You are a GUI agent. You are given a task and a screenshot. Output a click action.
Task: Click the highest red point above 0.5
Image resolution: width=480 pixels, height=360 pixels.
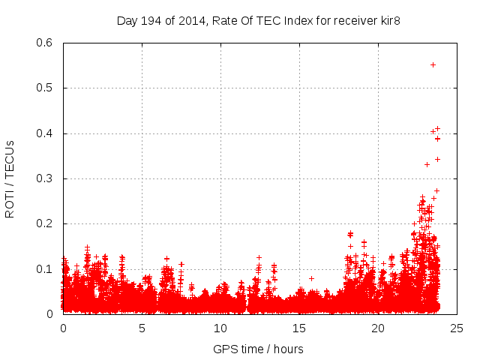[433, 64]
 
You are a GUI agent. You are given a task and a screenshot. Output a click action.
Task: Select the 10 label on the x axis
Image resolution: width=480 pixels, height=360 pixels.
[220, 328]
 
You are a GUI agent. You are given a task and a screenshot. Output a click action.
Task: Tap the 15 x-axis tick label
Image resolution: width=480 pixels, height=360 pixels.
[299, 328]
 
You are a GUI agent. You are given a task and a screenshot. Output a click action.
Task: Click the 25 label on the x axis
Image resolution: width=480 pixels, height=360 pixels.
[457, 328]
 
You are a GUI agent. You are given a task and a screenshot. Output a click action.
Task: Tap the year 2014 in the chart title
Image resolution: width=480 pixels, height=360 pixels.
[190, 20]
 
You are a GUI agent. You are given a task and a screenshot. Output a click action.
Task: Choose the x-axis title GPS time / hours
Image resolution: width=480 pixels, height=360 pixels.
[259, 349]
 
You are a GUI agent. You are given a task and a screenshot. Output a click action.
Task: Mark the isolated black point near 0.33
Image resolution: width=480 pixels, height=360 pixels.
[427, 164]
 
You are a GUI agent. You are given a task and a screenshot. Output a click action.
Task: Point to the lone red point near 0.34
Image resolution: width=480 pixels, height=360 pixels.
[437, 159]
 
